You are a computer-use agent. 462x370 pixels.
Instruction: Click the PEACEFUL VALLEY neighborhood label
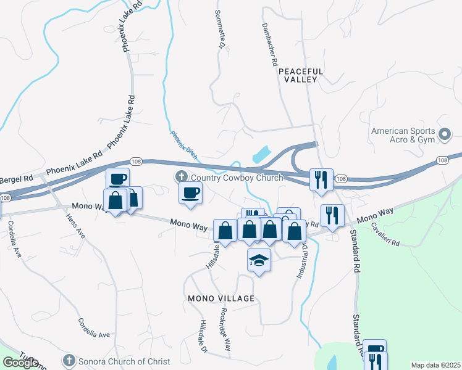pos(298,75)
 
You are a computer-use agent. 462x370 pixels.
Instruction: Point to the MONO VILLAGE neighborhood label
pos(221,298)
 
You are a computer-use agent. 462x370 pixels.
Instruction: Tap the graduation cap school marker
pos(259,261)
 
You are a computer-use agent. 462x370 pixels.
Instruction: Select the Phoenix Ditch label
pos(183,145)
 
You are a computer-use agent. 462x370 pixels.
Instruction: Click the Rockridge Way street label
pos(225,329)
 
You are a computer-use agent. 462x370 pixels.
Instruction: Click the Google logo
pos(20,363)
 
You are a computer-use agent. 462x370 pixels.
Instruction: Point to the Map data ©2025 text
pos(435,365)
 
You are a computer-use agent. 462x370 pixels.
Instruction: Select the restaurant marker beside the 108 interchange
pos(321,179)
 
